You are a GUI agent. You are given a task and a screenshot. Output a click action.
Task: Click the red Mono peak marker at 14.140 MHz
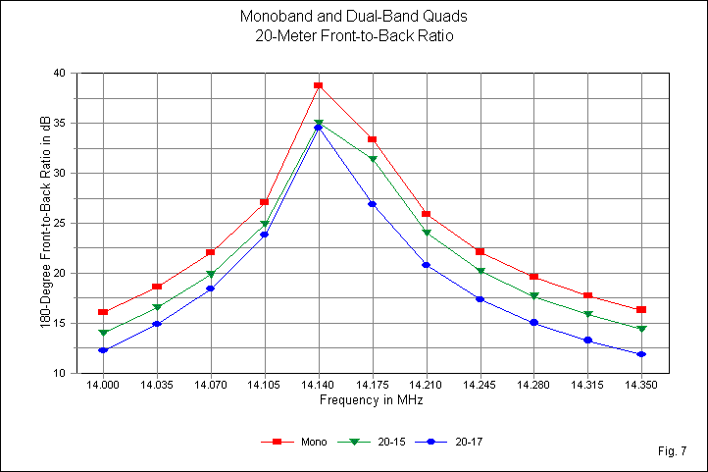point(318,85)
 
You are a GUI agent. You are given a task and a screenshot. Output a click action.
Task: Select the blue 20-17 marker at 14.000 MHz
point(103,350)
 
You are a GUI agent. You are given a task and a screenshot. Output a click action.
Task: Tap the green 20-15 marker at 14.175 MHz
point(372,159)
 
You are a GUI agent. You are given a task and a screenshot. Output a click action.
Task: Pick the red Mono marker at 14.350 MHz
point(640,310)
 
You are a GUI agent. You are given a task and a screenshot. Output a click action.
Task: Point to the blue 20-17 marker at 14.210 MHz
point(426,265)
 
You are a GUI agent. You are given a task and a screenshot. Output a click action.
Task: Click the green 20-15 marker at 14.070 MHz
point(211,274)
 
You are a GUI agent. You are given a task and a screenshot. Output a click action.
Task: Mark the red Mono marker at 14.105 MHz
point(265,202)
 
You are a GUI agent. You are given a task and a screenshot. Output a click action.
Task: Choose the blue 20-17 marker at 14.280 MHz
point(532,322)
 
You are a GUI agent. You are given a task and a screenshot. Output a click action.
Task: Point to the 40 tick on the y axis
point(60,74)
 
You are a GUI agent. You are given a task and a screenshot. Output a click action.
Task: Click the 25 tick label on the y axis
point(60,224)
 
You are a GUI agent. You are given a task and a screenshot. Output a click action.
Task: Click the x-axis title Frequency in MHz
point(371,400)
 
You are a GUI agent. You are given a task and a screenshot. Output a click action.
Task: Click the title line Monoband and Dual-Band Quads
point(345,18)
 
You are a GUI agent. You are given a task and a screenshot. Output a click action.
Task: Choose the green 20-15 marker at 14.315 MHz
point(586,314)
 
